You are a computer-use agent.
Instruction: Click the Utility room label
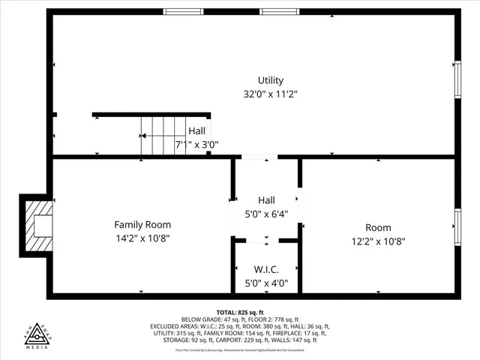point(271,80)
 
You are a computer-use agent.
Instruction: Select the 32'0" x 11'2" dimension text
point(271,94)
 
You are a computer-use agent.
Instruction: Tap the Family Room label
point(142,224)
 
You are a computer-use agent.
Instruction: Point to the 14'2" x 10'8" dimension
point(142,238)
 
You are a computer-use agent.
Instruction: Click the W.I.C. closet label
point(266,269)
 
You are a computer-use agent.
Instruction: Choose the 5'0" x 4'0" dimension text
point(266,283)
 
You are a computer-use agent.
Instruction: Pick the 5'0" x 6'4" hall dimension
point(266,214)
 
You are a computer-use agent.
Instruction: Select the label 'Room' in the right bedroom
point(379,227)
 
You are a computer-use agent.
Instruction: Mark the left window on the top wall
point(184,12)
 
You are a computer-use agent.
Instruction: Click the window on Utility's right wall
point(457,79)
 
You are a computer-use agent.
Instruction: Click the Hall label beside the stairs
point(196,130)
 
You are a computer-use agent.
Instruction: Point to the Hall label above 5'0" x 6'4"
point(266,200)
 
